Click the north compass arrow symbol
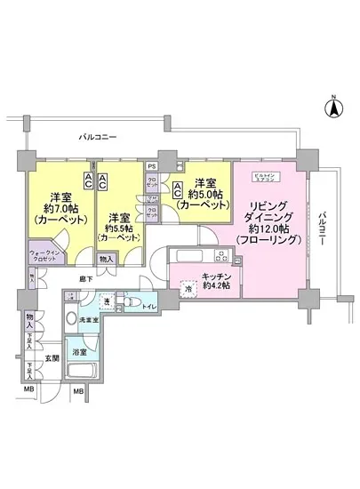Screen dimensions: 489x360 [333, 108]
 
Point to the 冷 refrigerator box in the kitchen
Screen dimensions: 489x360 [188, 287]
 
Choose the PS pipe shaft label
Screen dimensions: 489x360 [151, 167]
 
